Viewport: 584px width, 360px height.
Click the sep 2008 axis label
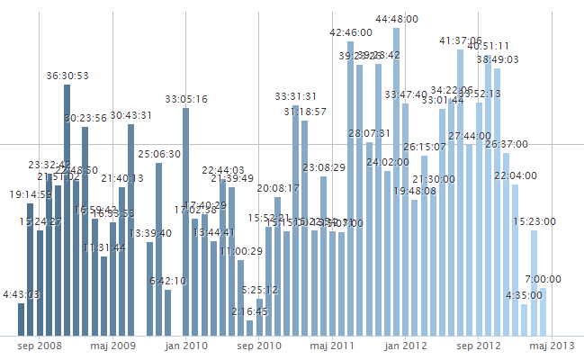[39, 345]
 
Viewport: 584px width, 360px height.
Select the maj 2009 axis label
[112, 345]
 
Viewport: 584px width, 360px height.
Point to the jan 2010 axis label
[185, 345]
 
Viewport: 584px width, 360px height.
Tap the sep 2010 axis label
[258, 345]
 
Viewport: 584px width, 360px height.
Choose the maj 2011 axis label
[331, 345]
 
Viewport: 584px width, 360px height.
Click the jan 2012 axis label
[404, 345]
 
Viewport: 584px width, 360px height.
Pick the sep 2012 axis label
[478, 345]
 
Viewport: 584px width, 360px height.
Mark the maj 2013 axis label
[551, 345]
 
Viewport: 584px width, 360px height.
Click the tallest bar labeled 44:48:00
[396, 180]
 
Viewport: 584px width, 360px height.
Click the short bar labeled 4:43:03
[21, 319]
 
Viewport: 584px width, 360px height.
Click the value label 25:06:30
[159, 154]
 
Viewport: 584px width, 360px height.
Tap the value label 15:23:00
[535, 221]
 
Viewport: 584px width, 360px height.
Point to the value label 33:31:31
[295, 96]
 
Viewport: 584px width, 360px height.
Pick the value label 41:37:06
[460, 40]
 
